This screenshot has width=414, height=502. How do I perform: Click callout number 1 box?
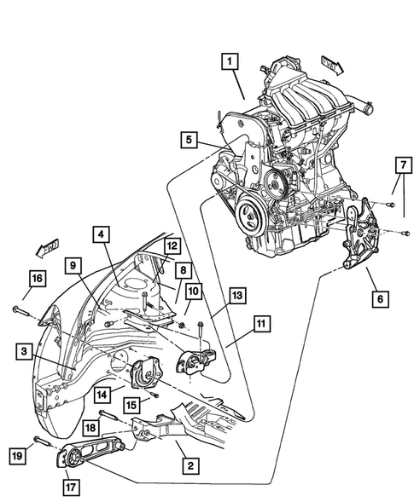coord(229,61)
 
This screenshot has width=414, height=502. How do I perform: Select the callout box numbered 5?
coord(189,139)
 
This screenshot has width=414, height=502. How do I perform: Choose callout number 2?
coord(188,464)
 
